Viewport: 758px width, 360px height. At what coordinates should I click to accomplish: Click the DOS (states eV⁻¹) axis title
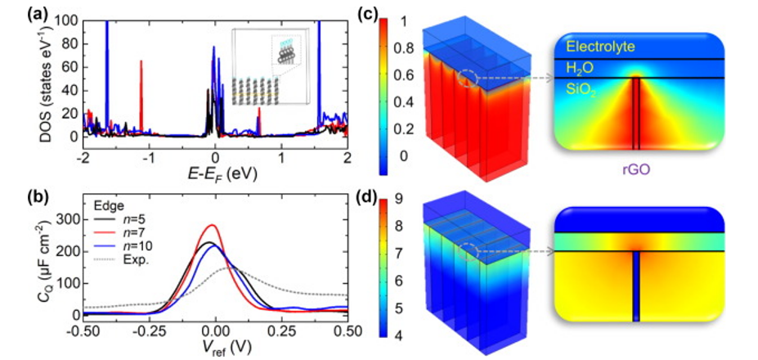pyautogui.click(x=55, y=78)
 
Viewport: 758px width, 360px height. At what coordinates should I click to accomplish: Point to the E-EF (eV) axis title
pyautogui.click(x=213, y=173)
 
